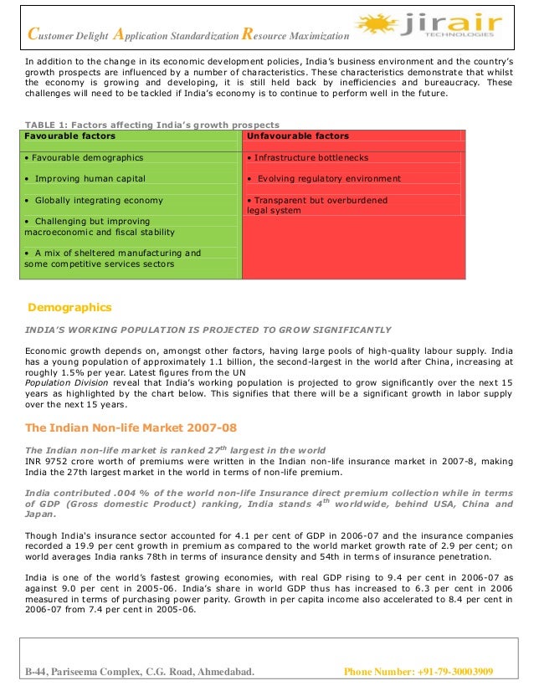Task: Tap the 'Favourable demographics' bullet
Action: tap(84, 157)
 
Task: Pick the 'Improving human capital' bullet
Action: tap(85, 178)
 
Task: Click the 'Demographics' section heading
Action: tap(69, 307)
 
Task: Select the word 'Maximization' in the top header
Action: tap(314, 36)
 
